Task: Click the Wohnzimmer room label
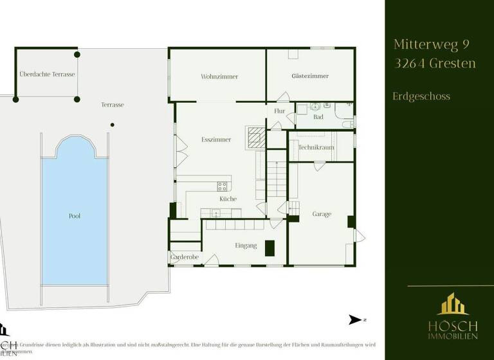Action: click(x=219, y=76)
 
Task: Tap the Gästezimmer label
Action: click(x=310, y=76)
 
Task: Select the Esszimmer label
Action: click(x=215, y=139)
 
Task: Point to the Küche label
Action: click(x=228, y=199)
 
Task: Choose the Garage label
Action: click(x=322, y=214)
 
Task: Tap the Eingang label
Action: click(x=246, y=246)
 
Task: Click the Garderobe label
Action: click(x=185, y=257)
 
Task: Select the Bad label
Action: click(x=318, y=118)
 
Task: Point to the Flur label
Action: click(x=279, y=111)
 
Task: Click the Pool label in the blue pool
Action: click(x=75, y=216)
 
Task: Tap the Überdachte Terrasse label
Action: click(x=47, y=75)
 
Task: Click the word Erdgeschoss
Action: click(x=421, y=96)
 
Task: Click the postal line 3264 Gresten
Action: click(x=434, y=63)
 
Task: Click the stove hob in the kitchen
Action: click(x=223, y=186)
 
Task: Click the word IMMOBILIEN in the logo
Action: click(x=450, y=336)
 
